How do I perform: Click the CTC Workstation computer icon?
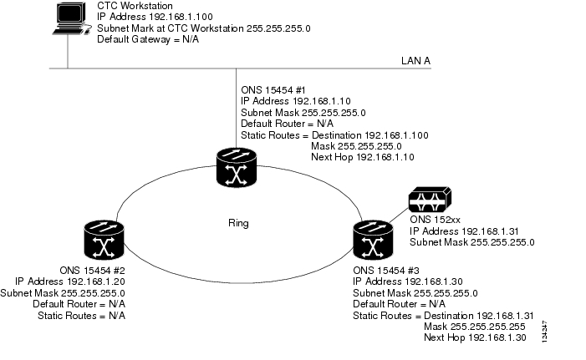coord(69,19)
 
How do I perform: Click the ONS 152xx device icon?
coord(428,200)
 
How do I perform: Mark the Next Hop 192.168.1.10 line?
coord(361,156)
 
